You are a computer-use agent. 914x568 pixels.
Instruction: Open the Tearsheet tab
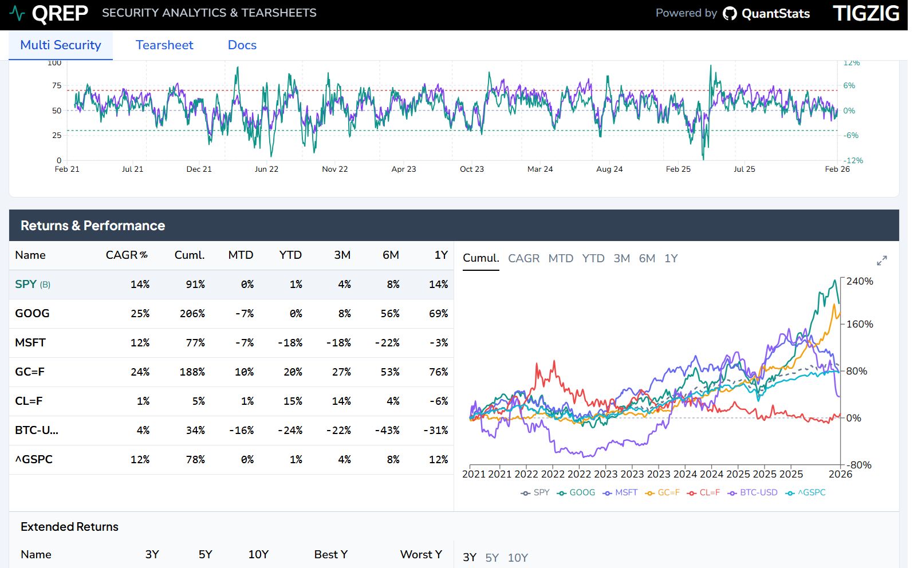coord(164,45)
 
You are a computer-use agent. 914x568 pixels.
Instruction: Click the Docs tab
coord(242,45)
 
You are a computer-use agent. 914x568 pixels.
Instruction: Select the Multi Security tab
coord(61,45)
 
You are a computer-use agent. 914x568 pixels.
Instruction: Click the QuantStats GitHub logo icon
coord(730,13)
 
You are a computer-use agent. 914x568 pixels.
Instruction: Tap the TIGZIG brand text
coord(865,13)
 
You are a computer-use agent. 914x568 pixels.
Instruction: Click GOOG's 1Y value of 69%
coord(438,314)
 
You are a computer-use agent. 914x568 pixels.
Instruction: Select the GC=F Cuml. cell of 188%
coord(192,372)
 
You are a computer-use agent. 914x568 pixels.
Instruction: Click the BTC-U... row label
coord(37,431)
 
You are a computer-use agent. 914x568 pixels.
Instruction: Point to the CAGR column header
coord(126,255)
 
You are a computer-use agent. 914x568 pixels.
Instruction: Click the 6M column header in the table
coord(391,255)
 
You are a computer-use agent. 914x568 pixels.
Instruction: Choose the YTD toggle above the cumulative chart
coord(593,259)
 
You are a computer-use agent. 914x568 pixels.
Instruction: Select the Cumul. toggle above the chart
coord(480,258)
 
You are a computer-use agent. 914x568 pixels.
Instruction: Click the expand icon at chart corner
coord(881,261)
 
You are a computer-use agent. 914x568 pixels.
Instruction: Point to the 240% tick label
coord(860,281)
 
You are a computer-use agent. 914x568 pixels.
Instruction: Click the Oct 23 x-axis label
coord(471,169)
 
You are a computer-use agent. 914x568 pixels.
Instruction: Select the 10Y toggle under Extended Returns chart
coord(517,558)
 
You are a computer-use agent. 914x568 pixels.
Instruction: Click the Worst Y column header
coord(421,555)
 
